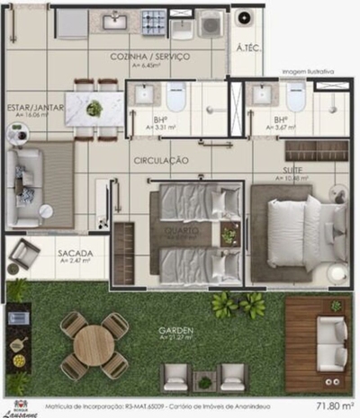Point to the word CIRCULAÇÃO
161,160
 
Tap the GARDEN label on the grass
175,330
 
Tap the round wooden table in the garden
93,344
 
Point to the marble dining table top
94,109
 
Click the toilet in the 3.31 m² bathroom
175,96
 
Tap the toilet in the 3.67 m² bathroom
295,96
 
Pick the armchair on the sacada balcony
23,254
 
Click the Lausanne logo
17,407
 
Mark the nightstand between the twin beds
229,236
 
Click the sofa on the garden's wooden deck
331,343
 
